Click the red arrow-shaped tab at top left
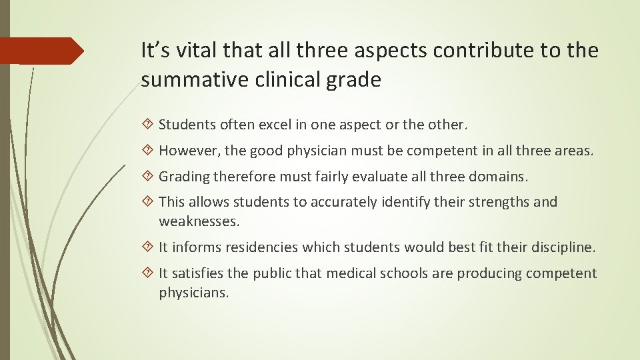tap(41, 51)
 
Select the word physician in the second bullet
tap(316, 151)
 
